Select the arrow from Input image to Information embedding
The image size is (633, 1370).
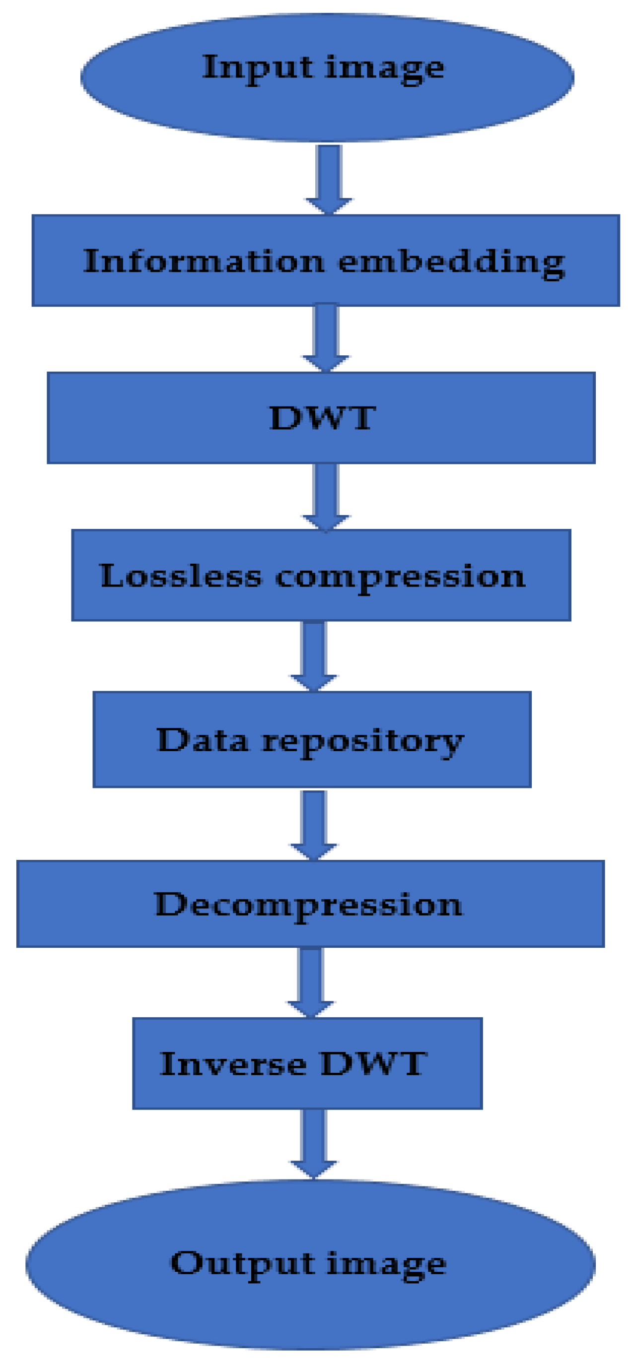click(x=328, y=178)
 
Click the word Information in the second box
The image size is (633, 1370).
click(x=204, y=261)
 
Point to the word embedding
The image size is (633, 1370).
click(x=451, y=262)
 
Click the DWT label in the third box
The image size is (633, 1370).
click(x=322, y=417)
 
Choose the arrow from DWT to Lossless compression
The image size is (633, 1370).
click(x=326, y=496)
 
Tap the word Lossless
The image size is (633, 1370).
click(x=181, y=576)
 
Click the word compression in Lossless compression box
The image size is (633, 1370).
click(x=400, y=577)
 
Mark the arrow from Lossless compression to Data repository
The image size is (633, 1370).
click(x=313, y=654)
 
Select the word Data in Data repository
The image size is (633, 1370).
click(x=202, y=740)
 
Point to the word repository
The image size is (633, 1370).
click(x=362, y=741)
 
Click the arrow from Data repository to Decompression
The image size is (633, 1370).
click(x=313, y=824)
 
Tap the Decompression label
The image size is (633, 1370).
click(x=308, y=905)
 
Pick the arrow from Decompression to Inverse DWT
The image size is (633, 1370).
click(x=311, y=981)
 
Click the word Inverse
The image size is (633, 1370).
click(x=232, y=1064)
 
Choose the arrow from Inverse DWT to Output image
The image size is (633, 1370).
click(x=313, y=1142)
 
